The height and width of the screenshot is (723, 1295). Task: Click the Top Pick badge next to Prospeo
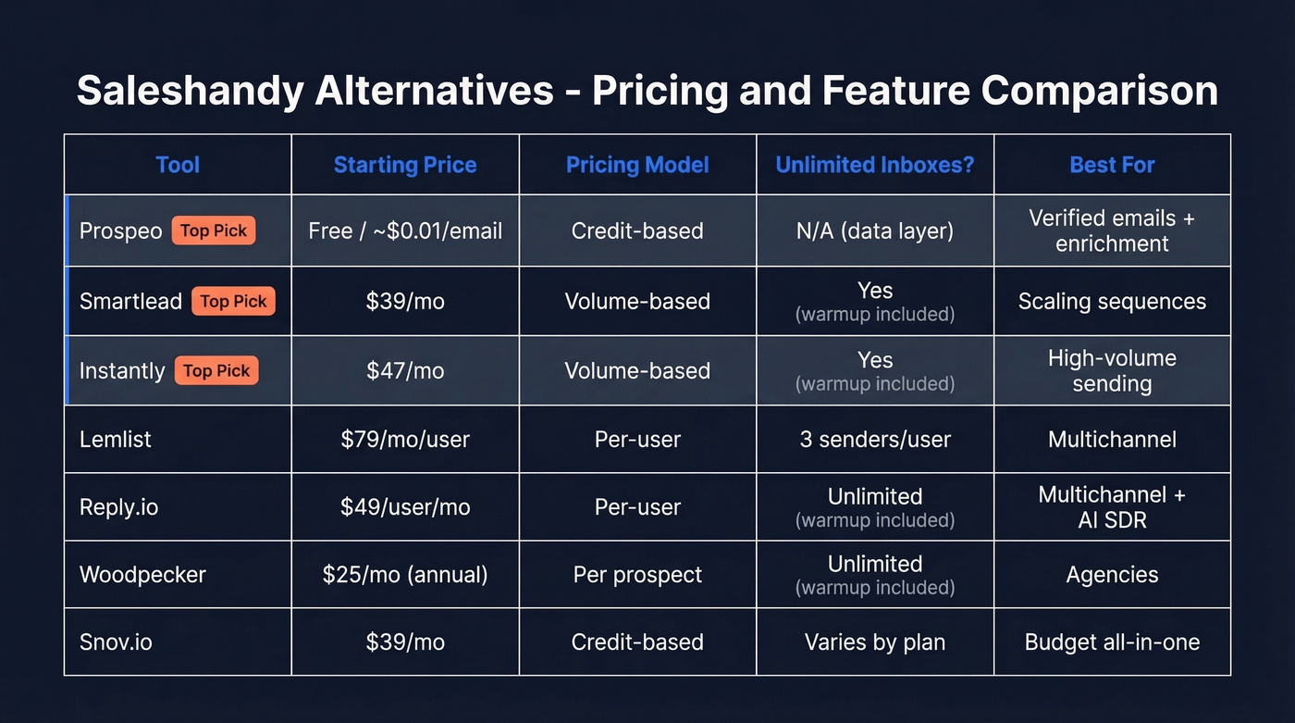pyautogui.click(x=213, y=231)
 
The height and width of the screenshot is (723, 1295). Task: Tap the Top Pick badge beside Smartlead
pyautogui.click(x=233, y=301)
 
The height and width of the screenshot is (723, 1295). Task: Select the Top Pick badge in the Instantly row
pyautogui.click(x=216, y=370)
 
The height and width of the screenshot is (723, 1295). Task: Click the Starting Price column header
pyautogui.click(x=405, y=165)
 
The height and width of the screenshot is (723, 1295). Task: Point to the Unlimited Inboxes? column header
pyautogui.click(x=874, y=165)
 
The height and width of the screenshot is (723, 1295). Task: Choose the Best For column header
pyautogui.click(x=1112, y=165)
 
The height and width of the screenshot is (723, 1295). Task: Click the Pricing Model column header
pyautogui.click(x=637, y=165)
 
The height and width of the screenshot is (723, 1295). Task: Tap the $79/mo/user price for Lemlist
pyautogui.click(x=405, y=439)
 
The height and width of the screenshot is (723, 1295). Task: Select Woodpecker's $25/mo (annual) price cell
pyautogui.click(x=405, y=574)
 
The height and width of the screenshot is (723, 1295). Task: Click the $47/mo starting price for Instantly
pyautogui.click(x=405, y=370)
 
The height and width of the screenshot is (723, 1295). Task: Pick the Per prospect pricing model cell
pyautogui.click(x=637, y=574)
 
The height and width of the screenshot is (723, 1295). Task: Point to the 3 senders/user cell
pyautogui.click(x=874, y=439)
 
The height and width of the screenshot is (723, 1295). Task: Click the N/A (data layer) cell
pyautogui.click(x=874, y=231)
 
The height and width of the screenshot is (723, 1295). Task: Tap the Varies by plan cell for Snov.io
pyautogui.click(x=874, y=642)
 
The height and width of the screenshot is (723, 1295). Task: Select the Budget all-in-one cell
pyautogui.click(x=1112, y=642)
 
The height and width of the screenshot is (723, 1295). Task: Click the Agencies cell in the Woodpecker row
pyautogui.click(x=1112, y=574)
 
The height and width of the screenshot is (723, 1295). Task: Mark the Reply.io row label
pyautogui.click(x=118, y=507)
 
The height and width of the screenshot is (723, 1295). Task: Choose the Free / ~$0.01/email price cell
pyautogui.click(x=405, y=231)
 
